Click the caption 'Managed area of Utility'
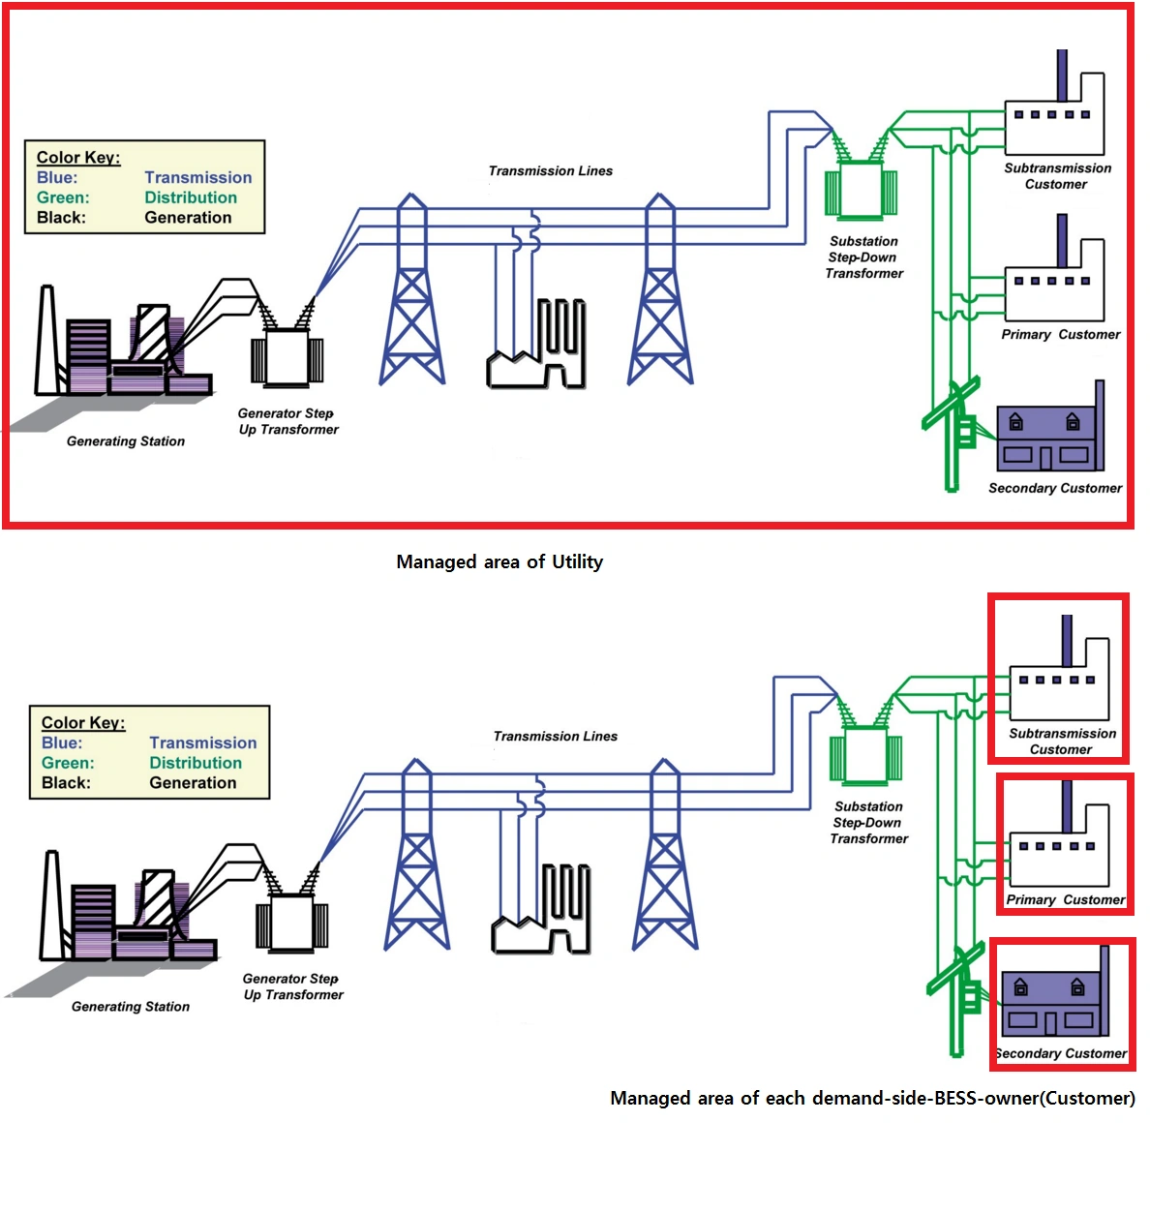[499, 561]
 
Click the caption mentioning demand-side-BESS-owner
[872, 1098]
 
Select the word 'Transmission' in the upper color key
[197, 177]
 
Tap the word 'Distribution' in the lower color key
[196, 763]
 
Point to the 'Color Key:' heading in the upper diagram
[78, 157]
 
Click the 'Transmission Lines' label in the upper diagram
[550, 171]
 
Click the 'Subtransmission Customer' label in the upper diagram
[1057, 176]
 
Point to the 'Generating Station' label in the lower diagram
[131, 1007]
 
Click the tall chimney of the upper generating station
[45, 339]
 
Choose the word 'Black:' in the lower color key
[66, 783]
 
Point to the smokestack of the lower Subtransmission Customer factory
[1067, 640]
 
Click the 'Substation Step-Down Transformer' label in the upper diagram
[863, 258]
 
